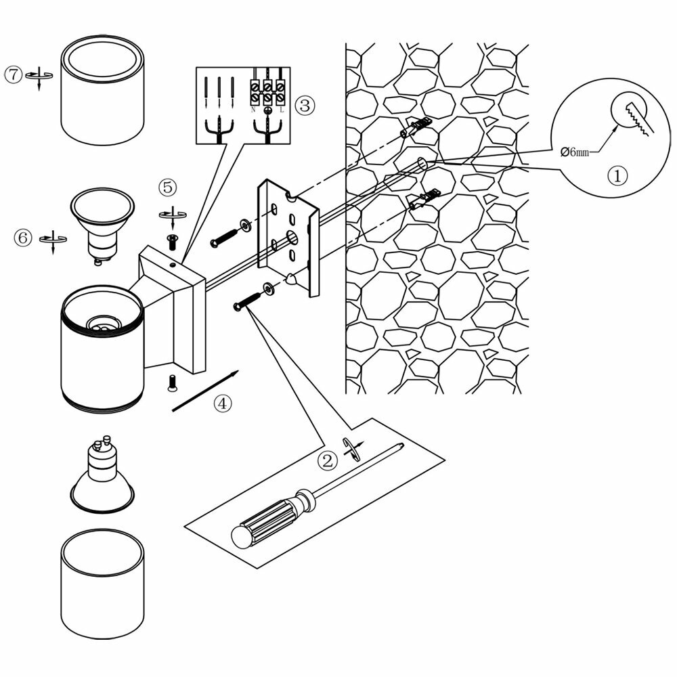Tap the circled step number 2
coord(328,461)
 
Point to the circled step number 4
coord(223,403)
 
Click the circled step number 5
coord(169,187)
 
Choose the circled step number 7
coord(14,74)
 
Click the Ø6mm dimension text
coord(575,152)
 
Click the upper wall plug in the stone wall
coord(416,128)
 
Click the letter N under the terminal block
coord(253,109)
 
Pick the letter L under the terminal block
coord(281,109)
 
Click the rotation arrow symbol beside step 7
coord(39,77)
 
